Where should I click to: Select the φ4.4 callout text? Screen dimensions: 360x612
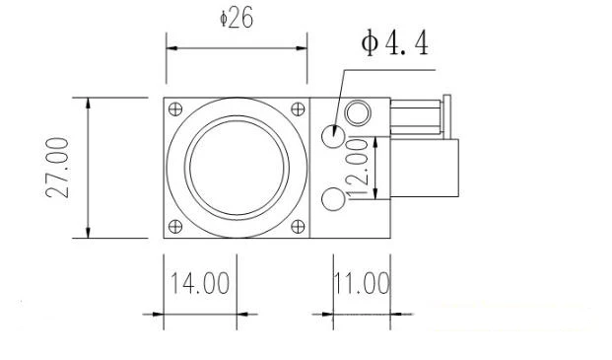tap(394, 44)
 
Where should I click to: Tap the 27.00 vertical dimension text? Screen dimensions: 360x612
tap(59, 168)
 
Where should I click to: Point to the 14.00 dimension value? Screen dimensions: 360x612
tap(200, 284)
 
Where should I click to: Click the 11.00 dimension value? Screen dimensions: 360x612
tap(361, 284)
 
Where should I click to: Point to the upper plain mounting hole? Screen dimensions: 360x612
tap(333, 133)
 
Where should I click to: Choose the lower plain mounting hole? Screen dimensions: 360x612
tap(333, 200)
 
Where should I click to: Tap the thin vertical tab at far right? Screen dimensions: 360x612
tap(447, 118)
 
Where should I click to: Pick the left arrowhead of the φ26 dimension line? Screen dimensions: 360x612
tap(170, 46)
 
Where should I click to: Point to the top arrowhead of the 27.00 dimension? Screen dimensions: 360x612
tap(90, 103)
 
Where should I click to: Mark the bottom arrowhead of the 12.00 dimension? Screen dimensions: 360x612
tap(375, 192)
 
